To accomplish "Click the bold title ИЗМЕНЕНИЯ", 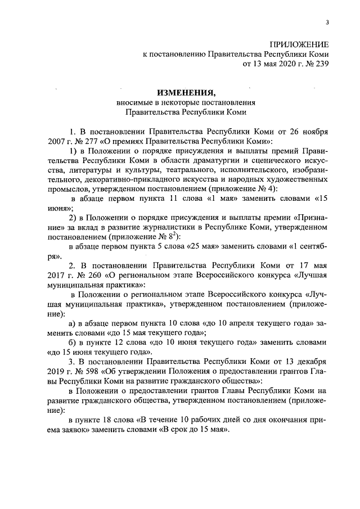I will click(186, 92).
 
